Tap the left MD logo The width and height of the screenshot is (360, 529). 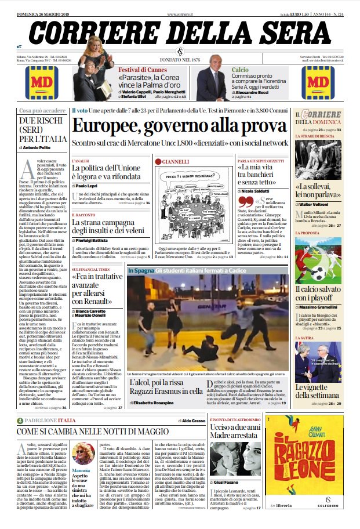[x=43, y=82]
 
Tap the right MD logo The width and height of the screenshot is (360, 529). [x=317, y=82]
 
